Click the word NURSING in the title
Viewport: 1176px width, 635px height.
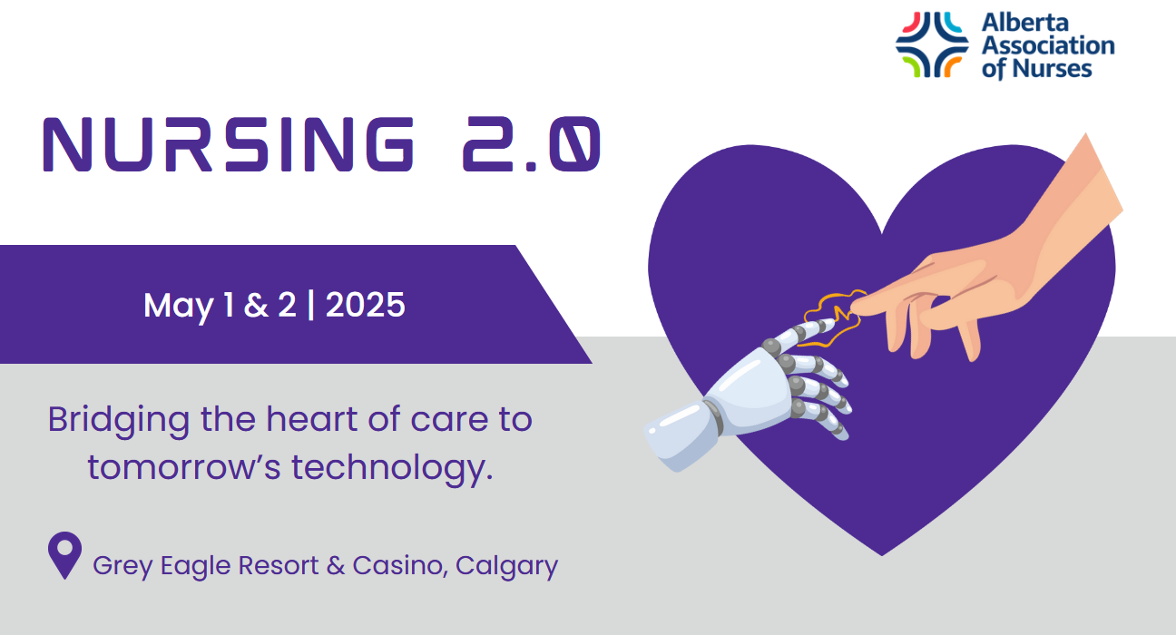(229, 144)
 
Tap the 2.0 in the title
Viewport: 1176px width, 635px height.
(532, 144)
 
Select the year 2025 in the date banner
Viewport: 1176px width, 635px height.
(366, 305)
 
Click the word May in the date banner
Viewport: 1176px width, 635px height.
(179, 307)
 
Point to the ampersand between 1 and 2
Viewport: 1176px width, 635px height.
(256, 305)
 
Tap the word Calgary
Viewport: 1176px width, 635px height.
(506, 567)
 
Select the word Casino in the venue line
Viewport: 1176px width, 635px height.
(397, 566)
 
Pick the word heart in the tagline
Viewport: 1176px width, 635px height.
(312, 420)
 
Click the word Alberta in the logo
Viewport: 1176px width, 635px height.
(1024, 23)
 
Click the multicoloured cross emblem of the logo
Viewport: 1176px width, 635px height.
(932, 44)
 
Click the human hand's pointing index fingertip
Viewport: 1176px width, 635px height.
(856, 307)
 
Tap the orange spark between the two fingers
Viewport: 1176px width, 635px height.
(835, 318)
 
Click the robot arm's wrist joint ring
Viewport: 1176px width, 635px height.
(713, 417)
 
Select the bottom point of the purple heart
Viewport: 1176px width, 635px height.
(882, 555)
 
